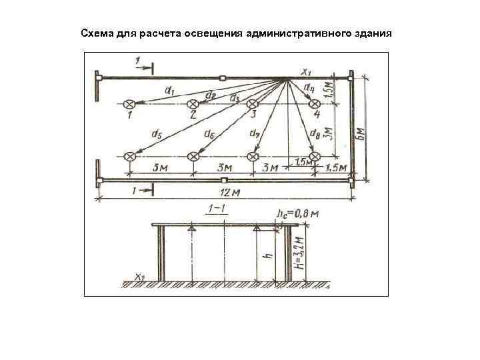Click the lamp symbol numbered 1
pos(130,104)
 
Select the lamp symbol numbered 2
pos(193,104)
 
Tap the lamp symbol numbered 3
pos(252,104)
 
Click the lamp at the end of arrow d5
pos(130,156)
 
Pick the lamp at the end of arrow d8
pos(315,156)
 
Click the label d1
pos(167,89)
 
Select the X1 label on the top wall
pos(306,71)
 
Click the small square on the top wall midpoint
pos(222,78)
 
